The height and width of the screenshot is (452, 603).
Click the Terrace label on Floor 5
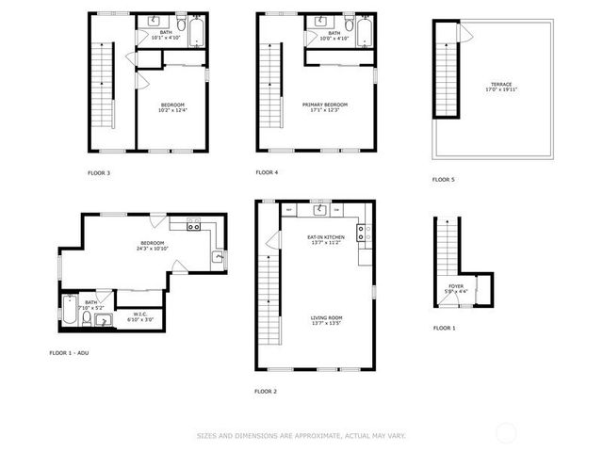point(501,84)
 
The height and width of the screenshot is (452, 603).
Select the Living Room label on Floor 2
point(325,317)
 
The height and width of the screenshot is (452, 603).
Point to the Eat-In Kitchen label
point(325,236)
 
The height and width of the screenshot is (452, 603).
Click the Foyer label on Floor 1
point(455,287)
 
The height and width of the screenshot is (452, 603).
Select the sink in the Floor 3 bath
point(153,22)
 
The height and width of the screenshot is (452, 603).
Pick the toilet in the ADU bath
point(86,319)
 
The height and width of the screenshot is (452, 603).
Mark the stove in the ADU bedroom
point(193,224)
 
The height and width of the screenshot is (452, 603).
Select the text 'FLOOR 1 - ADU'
point(71,352)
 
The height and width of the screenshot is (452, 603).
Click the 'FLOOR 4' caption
point(267,172)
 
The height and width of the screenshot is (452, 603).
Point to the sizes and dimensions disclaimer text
point(301,435)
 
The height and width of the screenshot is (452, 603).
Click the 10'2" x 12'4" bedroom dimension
point(172,110)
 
